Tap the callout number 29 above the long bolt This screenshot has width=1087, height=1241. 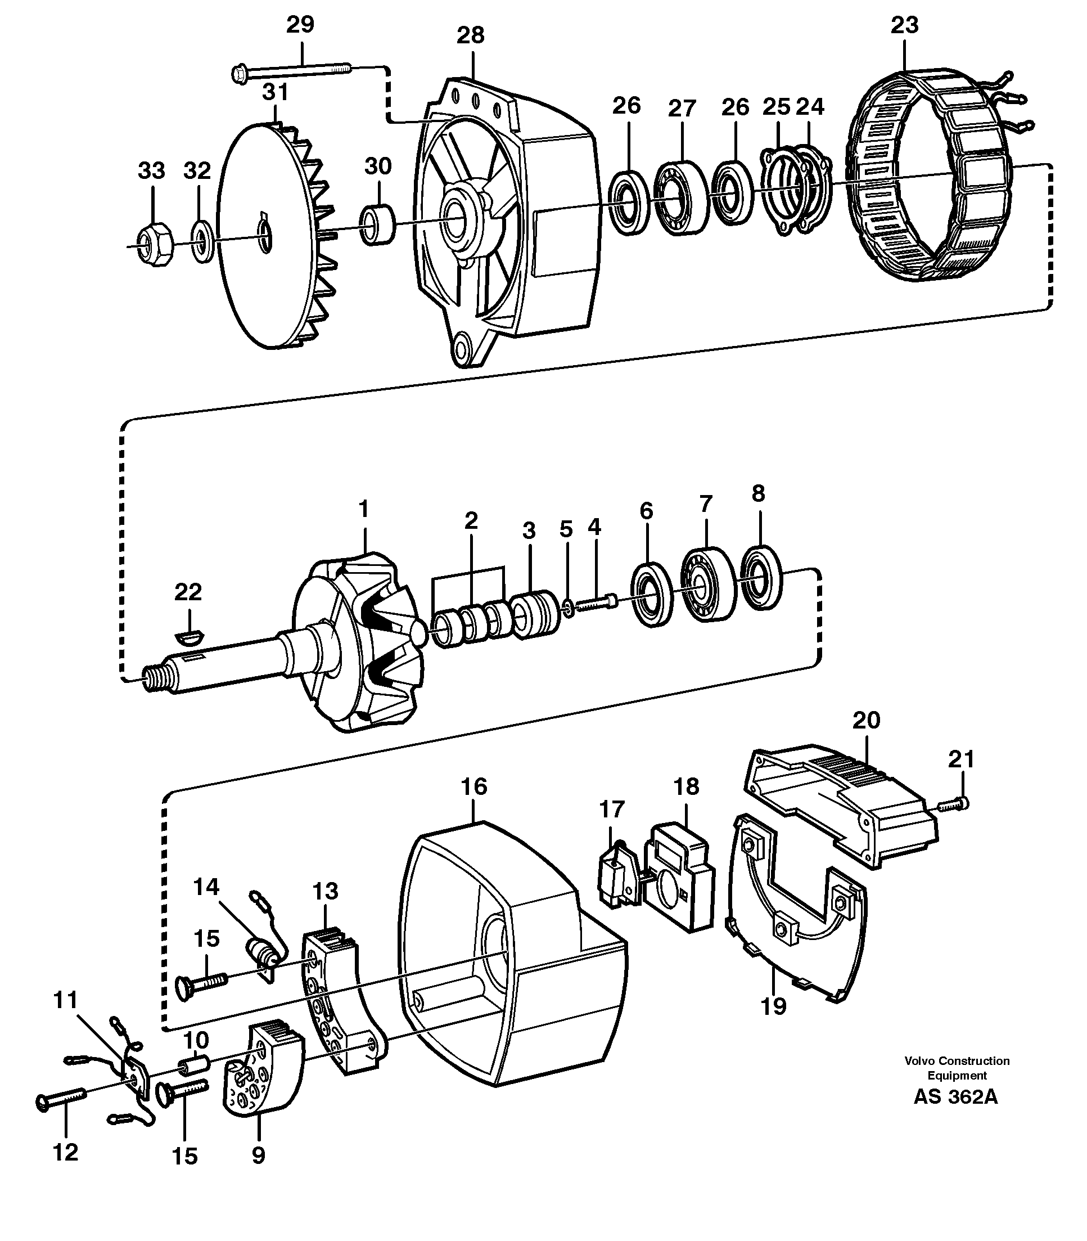[300, 25]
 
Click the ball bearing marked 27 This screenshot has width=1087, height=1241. [681, 197]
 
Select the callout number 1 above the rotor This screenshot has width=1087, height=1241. [363, 509]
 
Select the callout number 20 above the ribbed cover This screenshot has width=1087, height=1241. [865, 720]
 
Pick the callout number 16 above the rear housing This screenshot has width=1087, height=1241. [473, 786]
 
